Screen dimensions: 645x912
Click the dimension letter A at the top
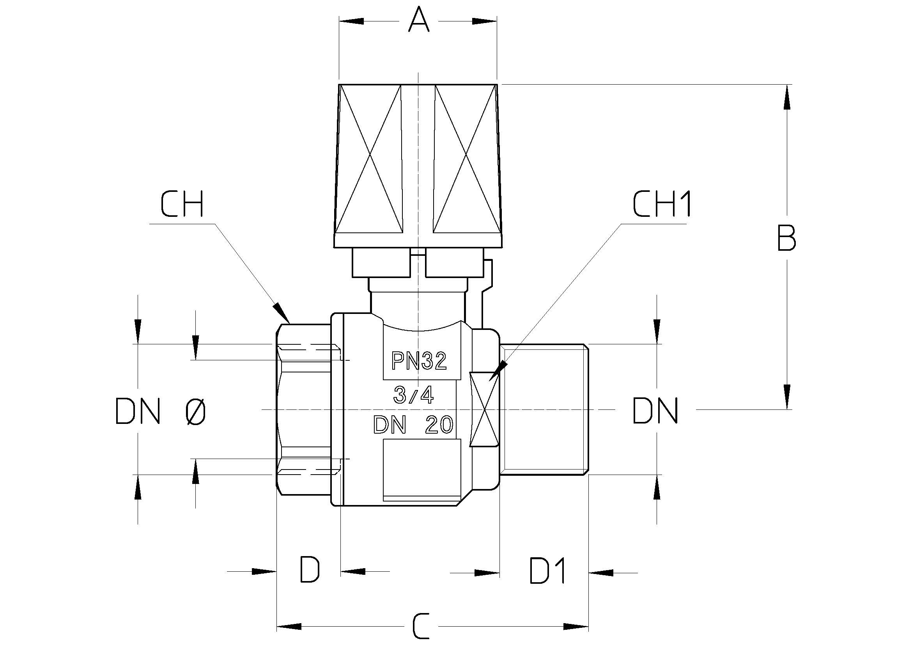419,21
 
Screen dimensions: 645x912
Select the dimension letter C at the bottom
421,626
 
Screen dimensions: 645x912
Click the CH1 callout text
662,205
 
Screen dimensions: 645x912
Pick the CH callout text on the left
182,205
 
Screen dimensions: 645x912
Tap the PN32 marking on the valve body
419,361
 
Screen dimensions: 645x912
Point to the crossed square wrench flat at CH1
484,409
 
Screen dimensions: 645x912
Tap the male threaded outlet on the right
544,409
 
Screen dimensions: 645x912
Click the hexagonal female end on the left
304,409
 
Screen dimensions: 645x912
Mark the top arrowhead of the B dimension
786,97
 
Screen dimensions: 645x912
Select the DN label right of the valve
655,411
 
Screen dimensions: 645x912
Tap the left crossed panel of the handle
370,159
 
